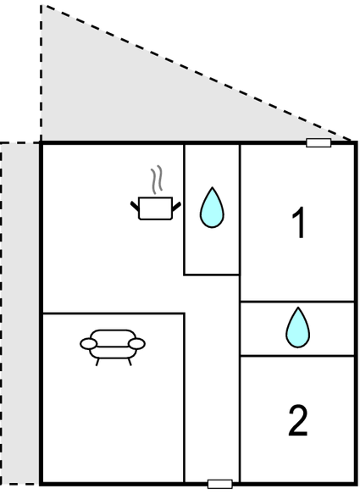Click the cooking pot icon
tap(156, 208)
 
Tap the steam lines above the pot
tap(157, 180)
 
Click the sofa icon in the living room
tap(113, 347)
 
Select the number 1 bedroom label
tap(298, 223)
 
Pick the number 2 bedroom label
tap(298, 420)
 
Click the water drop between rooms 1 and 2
tap(297, 327)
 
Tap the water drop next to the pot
tap(212, 208)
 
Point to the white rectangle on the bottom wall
tap(220, 484)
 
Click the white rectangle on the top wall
tap(318, 142)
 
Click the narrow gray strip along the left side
tap(20, 314)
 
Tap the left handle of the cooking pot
tap(135, 207)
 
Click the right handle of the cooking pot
tap(176, 207)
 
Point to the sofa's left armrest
tap(88, 344)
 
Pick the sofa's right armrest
tap(137, 344)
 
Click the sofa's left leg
tap(97, 362)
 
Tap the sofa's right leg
tap(130, 362)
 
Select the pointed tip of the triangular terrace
tap(351, 140)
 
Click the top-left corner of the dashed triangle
tap(41, 5)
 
